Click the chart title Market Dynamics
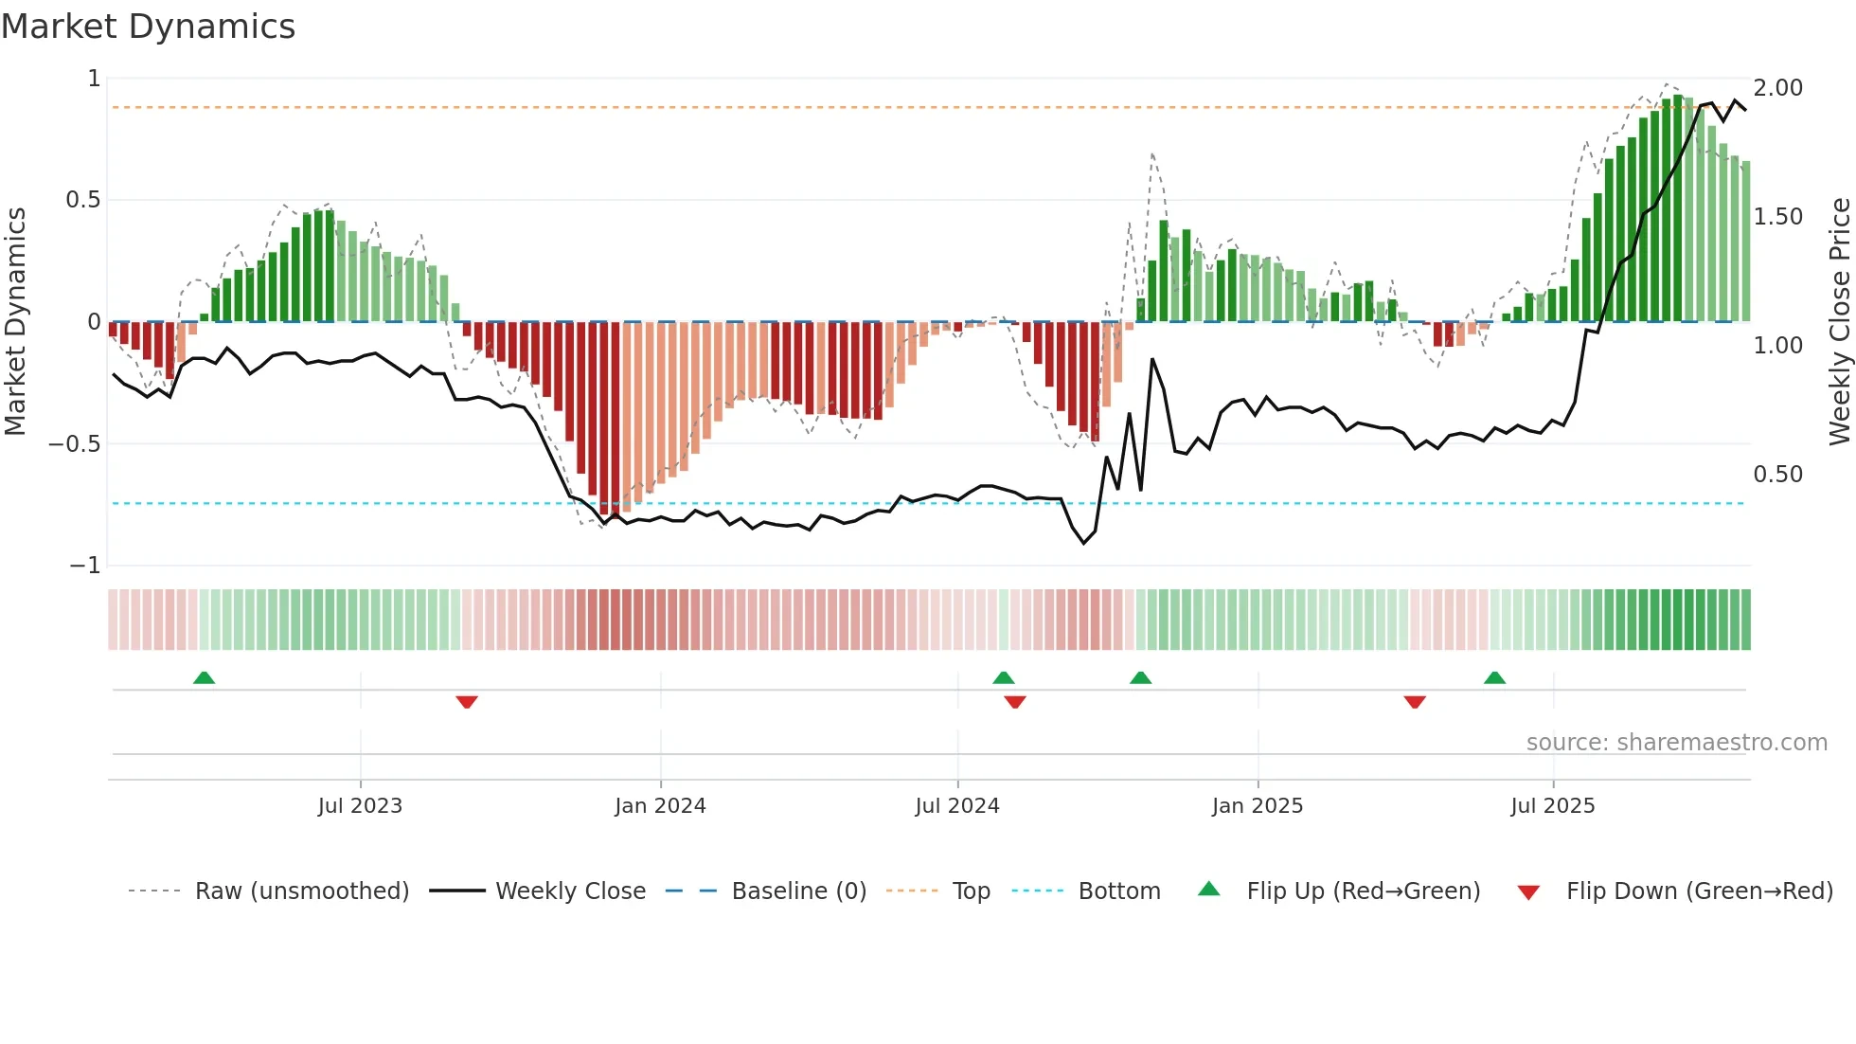click(148, 27)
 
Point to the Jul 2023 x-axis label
click(360, 806)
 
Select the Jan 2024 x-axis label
click(660, 806)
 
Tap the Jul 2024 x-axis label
click(957, 806)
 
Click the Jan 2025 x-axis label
click(1258, 806)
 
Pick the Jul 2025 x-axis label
click(1553, 806)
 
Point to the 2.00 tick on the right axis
click(1777, 88)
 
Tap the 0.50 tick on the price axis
click(1777, 475)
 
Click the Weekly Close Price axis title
click(1839, 322)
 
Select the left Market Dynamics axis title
click(15, 322)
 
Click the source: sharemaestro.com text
click(1676, 743)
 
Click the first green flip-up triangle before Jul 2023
click(204, 677)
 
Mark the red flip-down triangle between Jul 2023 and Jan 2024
click(467, 702)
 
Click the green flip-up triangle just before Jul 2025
click(1494, 677)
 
